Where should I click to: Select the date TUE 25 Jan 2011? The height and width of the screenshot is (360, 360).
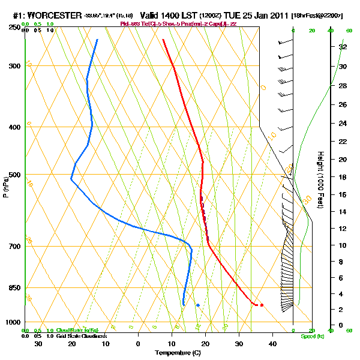tap(256, 14)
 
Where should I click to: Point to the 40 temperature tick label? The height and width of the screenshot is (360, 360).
tap(272, 343)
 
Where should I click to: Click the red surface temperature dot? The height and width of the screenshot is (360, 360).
tap(262, 305)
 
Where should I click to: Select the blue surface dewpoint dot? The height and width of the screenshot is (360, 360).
tap(197, 305)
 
